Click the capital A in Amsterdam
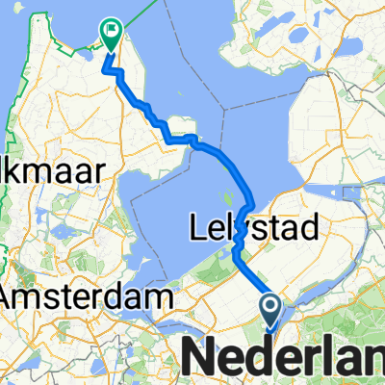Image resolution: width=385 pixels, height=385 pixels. pyautogui.click(x=13, y=298)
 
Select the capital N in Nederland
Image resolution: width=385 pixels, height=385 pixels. pyautogui.click(x=198, y=358)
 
